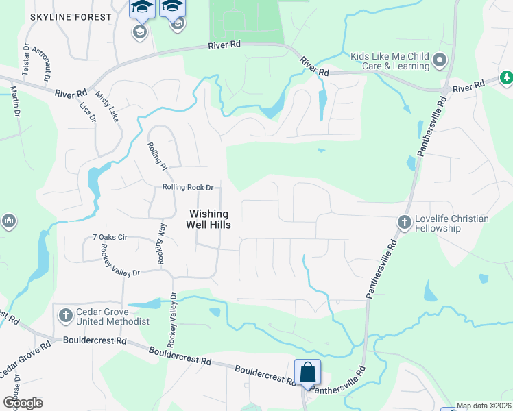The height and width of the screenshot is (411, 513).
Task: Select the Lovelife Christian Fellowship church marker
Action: (405, 223)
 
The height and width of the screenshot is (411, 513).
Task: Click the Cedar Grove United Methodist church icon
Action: (65, 316)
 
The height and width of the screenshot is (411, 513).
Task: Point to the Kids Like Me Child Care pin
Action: (440, 61)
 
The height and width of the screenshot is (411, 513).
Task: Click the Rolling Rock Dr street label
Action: (188, 188)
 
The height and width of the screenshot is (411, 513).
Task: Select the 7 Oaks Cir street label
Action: (110, 238)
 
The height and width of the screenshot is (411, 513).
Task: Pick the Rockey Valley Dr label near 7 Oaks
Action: (120, 260)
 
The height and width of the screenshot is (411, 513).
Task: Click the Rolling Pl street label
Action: (157, 155)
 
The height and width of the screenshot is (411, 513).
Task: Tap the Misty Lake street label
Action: (107, 106)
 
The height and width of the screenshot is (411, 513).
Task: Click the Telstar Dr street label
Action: (26, 60)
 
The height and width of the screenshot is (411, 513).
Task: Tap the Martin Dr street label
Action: (14, 101)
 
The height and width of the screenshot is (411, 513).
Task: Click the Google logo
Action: (23, 403)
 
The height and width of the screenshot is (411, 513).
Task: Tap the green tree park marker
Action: (507, 78)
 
